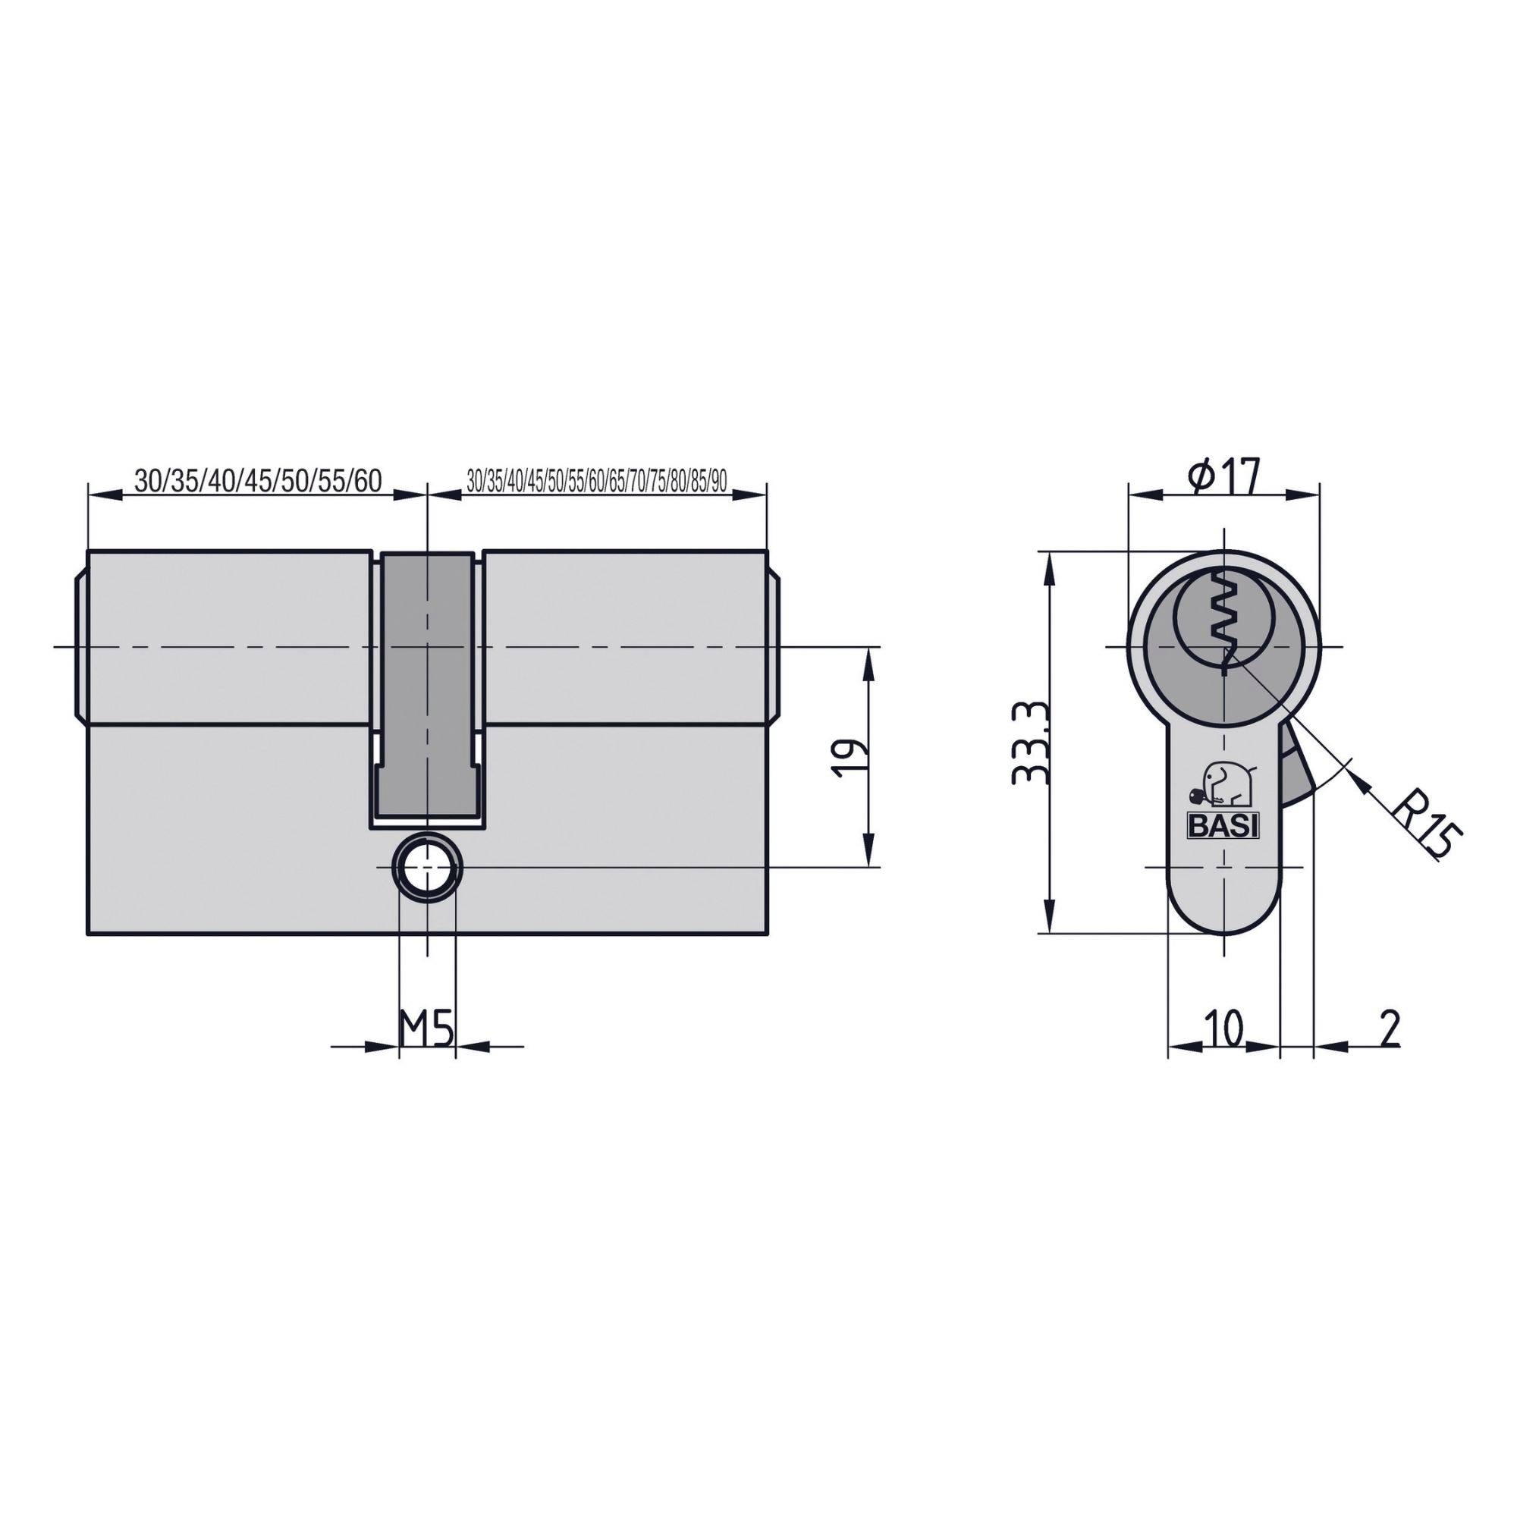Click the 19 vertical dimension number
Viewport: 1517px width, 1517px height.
pyautogui.click(x=850, y=757)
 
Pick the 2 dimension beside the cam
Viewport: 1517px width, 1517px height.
pyautogui.click(x=1389, y=1028)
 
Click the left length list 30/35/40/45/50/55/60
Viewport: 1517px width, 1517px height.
pyautogui.click(x=258, y=481)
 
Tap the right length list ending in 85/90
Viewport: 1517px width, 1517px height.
pyautogui.click(x=597, y=482)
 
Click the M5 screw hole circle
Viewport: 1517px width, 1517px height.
pyautogui.click(x=427, y=867)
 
